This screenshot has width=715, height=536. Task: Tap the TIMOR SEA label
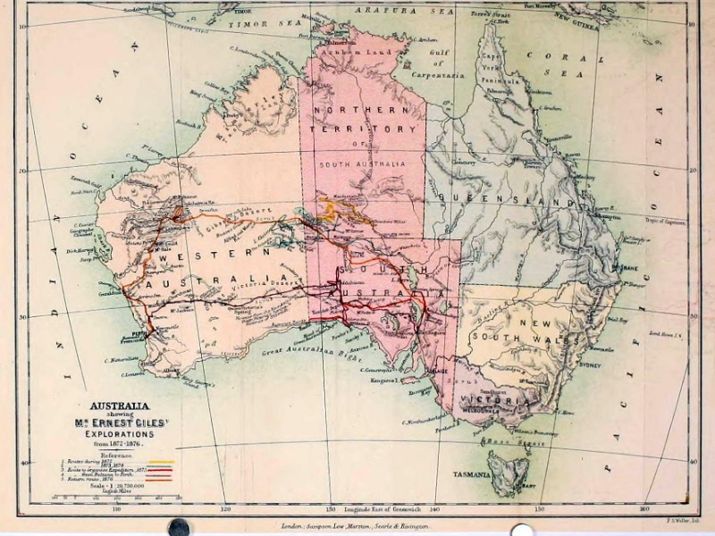pyautogui.click(x=251, y=26)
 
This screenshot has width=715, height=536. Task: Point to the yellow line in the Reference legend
pyautogui.click(x=160, y=463)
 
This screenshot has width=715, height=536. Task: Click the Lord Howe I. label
pyautogui.click(x=666, y=334)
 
